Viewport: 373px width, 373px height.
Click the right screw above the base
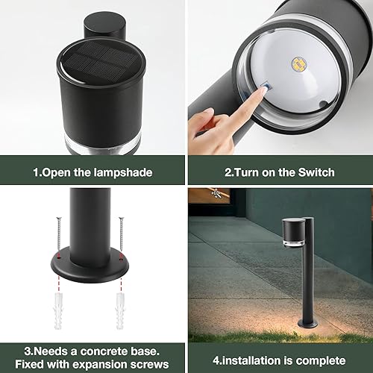pos(121,233)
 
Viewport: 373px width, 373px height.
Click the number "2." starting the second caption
pos(229,172)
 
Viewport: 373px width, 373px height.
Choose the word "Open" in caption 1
pos(56,172)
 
